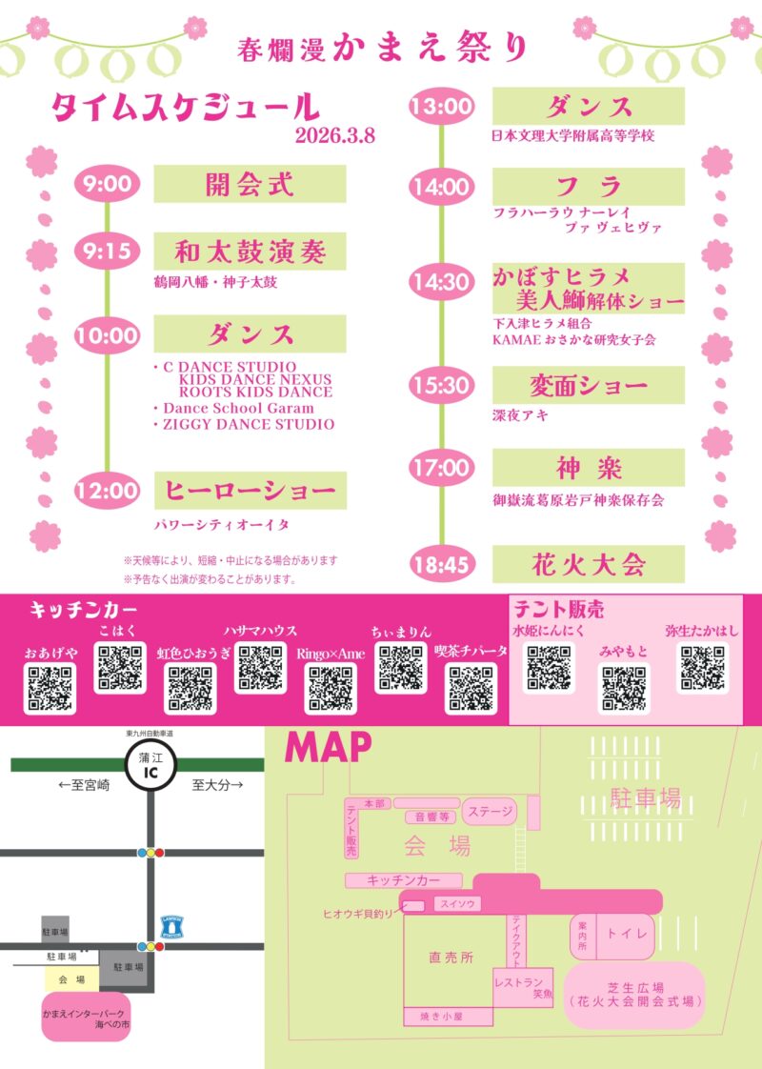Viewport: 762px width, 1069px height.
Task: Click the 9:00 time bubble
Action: click(x=107, y=184)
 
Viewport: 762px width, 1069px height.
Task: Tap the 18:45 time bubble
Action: click(x=442, y=565)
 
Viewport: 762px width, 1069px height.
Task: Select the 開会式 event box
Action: click(x=250, y=184)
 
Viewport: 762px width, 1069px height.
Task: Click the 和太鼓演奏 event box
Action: click(x=250, y=252)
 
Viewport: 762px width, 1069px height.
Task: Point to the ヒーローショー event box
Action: click(x=250, y=491)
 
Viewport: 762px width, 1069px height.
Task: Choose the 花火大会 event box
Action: click(x=588, y=564)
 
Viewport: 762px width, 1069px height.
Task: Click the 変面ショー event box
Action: click(x=588, y=386)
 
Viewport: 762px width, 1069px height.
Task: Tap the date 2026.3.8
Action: click(x=335, y=134)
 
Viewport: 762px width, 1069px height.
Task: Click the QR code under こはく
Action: click(x=121, y=668)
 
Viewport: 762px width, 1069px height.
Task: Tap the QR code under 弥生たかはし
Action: click(x=702, y=669)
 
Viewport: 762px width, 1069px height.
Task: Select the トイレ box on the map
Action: click(x=627, y=934)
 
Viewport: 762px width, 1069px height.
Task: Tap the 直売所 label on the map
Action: click(x=451, y=958)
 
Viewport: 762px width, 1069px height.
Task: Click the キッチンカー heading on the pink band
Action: click(x=84, y=610)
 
